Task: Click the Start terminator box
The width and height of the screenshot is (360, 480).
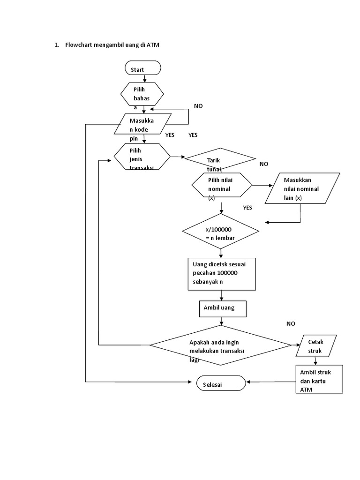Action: point(143,68)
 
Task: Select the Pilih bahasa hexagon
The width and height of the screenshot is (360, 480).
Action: point(142,94)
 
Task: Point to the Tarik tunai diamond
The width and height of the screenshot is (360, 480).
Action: point(220,160)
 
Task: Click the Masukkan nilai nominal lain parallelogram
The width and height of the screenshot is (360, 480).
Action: point(301,188)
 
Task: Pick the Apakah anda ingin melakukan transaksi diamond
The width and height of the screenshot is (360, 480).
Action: point(220,345)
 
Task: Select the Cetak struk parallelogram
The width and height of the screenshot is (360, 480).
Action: point(315,345)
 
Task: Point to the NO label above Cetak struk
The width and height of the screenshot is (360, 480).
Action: point(291,323)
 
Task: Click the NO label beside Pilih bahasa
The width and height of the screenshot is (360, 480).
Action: point(198,106)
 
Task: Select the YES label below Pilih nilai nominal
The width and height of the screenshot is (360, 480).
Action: point(247,207)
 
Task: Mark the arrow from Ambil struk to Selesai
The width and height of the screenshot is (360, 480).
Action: point(271,382)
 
